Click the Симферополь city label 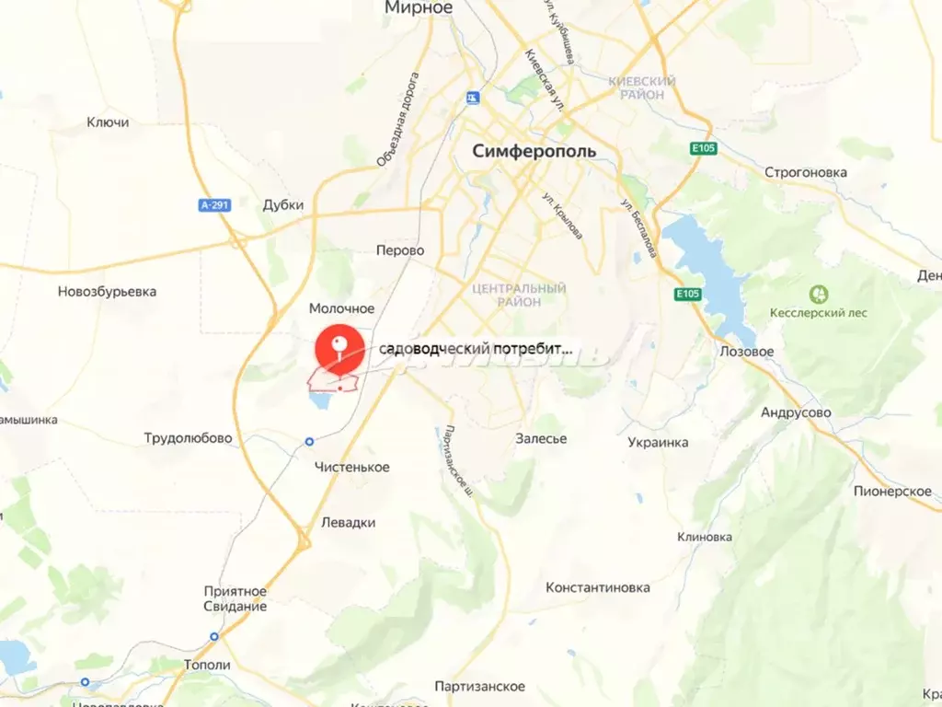[534, 151]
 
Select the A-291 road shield [213, 205]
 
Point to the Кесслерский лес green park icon [818, 295]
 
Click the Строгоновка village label [806, 172]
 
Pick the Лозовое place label [746, 352]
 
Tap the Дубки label [282, 205]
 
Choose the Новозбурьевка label [107, 292]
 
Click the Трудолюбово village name [188, 438]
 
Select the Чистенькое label [351, 467]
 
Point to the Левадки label [348, 522]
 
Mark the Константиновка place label [597, 587]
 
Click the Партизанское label [480, 687]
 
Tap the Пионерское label [892, 492]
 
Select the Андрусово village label [796, 412]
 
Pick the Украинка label [658, 442]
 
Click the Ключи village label [108, 122]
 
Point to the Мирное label [419, 8]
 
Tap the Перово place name [400, 250]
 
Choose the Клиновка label [704, 537]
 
